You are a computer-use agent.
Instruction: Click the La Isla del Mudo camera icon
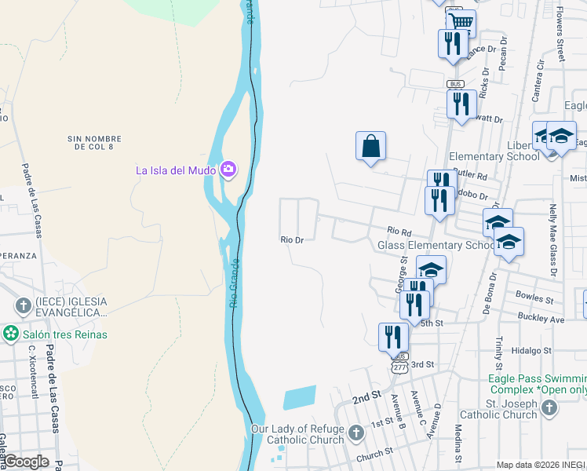228,170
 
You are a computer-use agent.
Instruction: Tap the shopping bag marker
370,146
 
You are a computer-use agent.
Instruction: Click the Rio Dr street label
293,240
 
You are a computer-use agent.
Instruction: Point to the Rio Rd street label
399,231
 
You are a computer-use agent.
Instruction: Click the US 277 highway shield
399,367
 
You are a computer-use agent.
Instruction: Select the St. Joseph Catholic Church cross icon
549,407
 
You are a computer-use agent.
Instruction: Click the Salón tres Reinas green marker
11,334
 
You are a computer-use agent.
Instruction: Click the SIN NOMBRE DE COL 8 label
97,142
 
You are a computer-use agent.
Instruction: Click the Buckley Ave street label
541,319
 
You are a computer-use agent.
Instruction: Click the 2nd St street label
365,398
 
